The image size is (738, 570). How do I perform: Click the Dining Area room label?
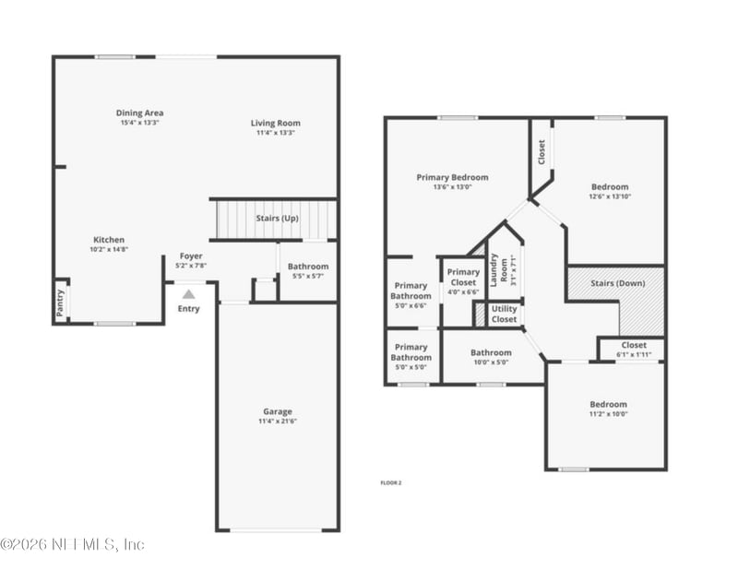pos(140,113)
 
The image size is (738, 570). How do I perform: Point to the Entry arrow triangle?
pos(188,294)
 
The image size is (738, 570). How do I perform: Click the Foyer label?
pos(191,256)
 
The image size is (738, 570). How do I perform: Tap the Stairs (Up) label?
pos(277,219)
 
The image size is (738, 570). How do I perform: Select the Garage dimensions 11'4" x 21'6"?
pos(277,421)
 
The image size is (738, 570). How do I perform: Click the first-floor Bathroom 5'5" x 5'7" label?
pos(307,267)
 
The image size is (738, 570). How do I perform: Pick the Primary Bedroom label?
pos(452,177)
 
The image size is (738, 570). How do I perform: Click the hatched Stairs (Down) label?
pos(617,283)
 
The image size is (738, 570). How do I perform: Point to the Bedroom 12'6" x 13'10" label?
pos(610,186)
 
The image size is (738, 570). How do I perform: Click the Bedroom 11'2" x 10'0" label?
pos(608,404)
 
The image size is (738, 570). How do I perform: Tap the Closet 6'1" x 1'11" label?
pos(634,345)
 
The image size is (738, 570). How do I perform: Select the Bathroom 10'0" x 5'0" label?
pos(491,352)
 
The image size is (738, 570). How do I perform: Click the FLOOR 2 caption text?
pos(391,482)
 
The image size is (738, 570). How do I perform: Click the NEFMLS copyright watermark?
pos(72,544)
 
